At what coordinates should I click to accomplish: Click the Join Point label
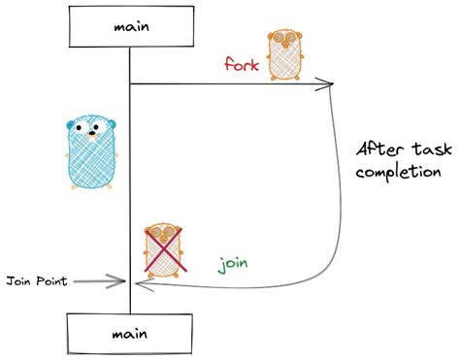click(38, 282)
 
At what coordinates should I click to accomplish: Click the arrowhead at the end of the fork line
click(331, 85)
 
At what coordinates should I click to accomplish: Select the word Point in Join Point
click(50, 282)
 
